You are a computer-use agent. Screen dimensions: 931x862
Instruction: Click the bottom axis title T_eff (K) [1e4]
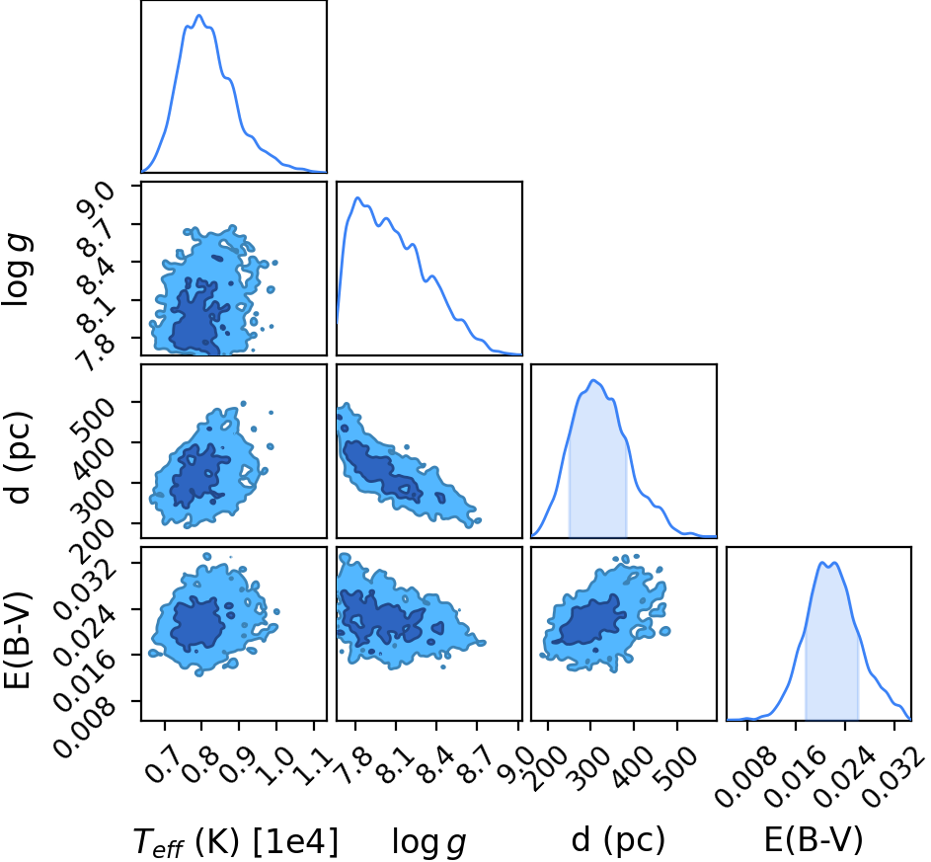236,841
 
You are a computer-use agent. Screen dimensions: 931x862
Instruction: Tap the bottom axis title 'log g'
428,843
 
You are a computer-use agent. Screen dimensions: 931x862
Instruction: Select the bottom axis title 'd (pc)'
618,841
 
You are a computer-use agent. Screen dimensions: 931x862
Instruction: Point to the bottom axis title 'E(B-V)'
813,840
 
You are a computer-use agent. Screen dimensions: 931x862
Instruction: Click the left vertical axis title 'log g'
18,270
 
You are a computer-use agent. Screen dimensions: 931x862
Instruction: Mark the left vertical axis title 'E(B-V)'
17,641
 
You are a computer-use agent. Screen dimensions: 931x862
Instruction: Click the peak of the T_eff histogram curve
199,16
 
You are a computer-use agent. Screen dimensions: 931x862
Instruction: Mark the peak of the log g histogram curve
357,197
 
